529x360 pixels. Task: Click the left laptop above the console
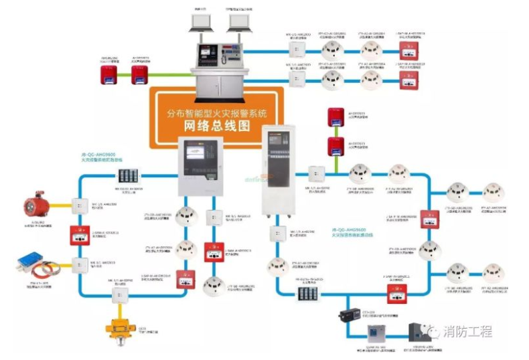pyautogui.click(x=200, y=22)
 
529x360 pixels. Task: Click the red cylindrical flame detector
pyautogui.click(x=35, y=203)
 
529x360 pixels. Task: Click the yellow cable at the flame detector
pyautogui.click(x=60, y=205)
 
